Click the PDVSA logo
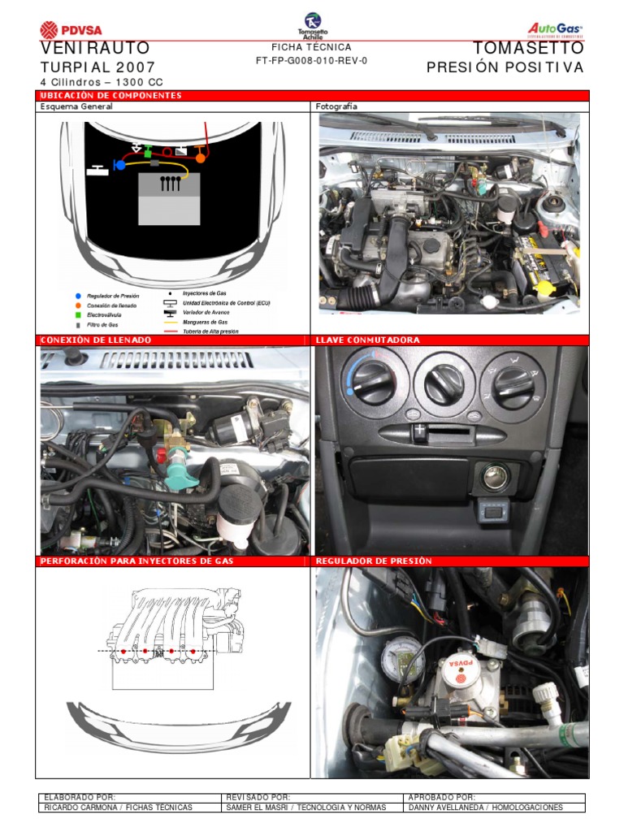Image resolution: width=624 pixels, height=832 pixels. (71, 30)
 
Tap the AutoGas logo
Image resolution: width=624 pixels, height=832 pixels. (556, 29)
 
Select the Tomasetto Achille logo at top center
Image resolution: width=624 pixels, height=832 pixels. (312, 25)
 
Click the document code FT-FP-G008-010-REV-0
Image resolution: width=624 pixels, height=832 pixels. (311, 61)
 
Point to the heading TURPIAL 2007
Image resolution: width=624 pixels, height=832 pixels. (97, 67)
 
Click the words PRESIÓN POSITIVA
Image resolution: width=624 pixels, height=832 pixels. (505, 67)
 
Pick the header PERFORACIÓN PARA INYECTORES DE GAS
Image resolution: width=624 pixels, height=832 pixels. (136, 561)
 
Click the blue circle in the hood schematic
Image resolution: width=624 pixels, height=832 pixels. (119, 165)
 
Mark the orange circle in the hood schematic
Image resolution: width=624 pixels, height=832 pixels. (199, 158)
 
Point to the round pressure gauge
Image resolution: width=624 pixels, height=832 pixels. (401, 659)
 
